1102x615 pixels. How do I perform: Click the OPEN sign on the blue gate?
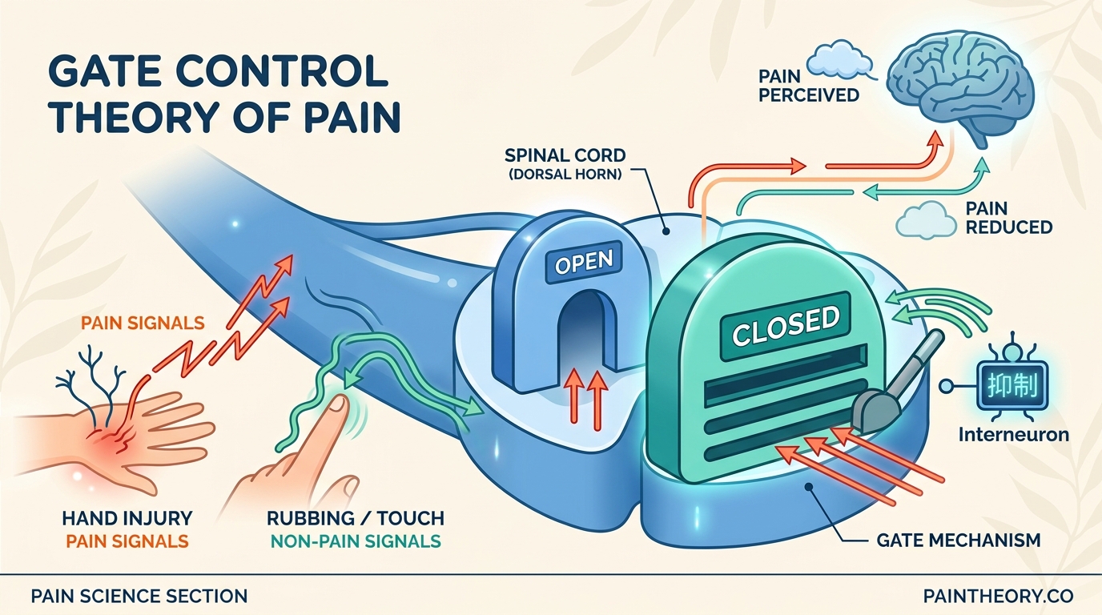click(583, 263)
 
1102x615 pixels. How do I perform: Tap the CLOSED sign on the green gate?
click(786, 324)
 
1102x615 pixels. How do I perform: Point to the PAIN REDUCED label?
click(1008, 217)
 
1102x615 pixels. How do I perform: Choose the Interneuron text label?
click(1013, 434)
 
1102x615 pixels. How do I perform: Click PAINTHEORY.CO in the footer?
click(998, 596)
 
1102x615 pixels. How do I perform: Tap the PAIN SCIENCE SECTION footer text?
click(139, 596)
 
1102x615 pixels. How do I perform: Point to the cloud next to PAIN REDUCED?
click(927, 218)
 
